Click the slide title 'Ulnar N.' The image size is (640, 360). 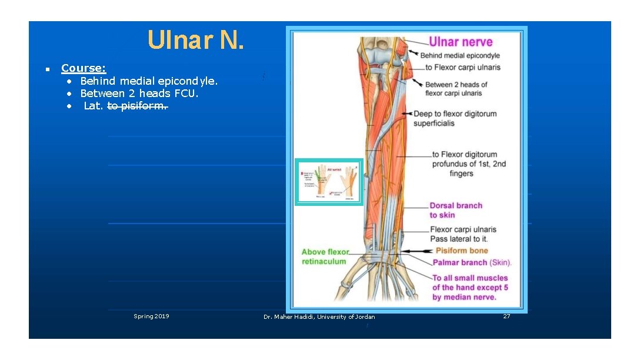[195, 40]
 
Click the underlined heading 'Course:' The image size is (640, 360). [84, 68]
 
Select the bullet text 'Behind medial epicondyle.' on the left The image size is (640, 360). [149, 81]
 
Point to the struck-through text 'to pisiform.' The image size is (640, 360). [138, 106]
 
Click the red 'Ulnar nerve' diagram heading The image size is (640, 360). [460, 42]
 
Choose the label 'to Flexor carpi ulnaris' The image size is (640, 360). [462, 67]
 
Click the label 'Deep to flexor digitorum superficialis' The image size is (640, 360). [455, 118]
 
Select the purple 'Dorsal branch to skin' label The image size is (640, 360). [455, 210]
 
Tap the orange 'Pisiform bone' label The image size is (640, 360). [462, 251]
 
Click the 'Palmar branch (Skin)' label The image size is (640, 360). [472, 262]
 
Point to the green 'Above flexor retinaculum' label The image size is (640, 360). [325, 256]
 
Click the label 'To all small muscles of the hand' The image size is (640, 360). [469, 287]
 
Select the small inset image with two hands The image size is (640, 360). [329, 182]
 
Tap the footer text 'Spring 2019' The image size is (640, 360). [151, 316]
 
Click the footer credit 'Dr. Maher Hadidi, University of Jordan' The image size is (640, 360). [319, 317]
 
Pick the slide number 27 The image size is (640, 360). [506, 316]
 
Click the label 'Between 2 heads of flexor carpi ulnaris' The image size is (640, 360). [456, 89]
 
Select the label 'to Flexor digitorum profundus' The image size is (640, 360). [468, 164]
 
